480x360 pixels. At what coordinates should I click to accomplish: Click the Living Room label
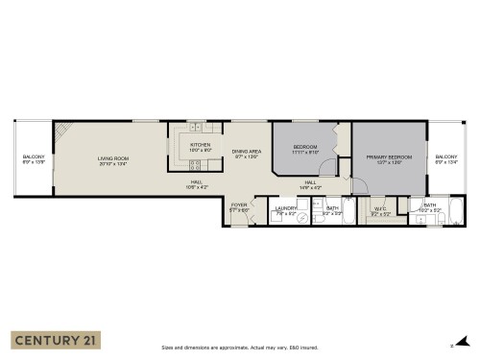click(x=113, y=157)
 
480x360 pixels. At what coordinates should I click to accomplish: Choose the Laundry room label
click(x=285, y=207)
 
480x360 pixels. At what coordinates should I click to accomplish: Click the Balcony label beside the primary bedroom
click(x=445, y=157)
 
